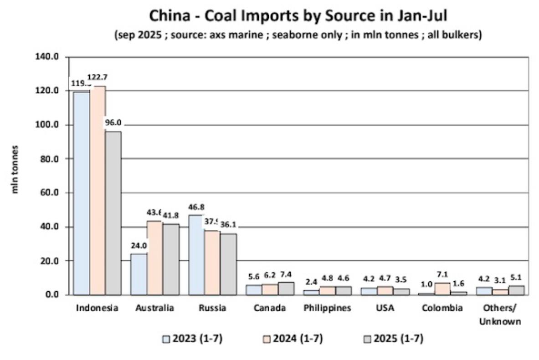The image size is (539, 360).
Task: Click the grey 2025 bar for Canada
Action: pos(286,288)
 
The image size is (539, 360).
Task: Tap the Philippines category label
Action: pos(328,308)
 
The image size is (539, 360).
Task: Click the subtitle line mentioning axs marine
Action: pos(298,35)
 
